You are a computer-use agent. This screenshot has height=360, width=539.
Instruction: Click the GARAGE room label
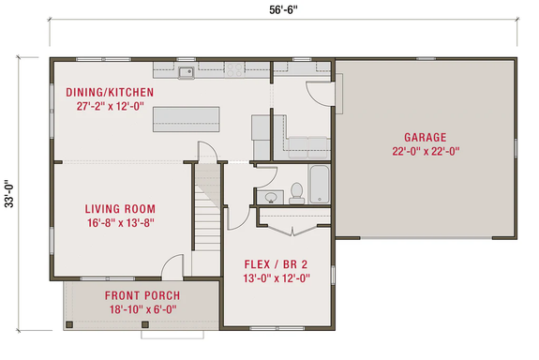pyautogui.click(x=425, y=136)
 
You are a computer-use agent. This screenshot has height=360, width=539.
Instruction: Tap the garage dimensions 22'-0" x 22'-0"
pyautogui.click(x=425, y=151)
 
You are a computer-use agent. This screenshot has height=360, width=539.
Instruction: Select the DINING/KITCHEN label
pyautogui.click(x=109, y=92)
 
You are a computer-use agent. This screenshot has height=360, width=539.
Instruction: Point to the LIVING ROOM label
pyautogui.click(x=119, y=208)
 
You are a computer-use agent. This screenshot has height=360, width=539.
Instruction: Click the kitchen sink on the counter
pyautogui.click(x=185, y=70)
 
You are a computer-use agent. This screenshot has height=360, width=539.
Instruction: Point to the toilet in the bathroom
pyautogui.click(x=297, y=191)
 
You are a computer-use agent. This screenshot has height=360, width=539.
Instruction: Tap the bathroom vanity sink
pyautogui.click(x=270, y=196)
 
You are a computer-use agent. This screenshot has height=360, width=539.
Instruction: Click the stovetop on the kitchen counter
pyautogui.click(x=233, y=69)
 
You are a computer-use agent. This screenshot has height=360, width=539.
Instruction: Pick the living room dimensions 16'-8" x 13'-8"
pyautogui.click(x=119, y=223)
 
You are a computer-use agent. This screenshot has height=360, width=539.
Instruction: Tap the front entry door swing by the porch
pyautogui.click(x=171, y=266)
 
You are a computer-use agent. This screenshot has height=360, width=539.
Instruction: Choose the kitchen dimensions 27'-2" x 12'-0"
pyautogui.click(x=109, y=107)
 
